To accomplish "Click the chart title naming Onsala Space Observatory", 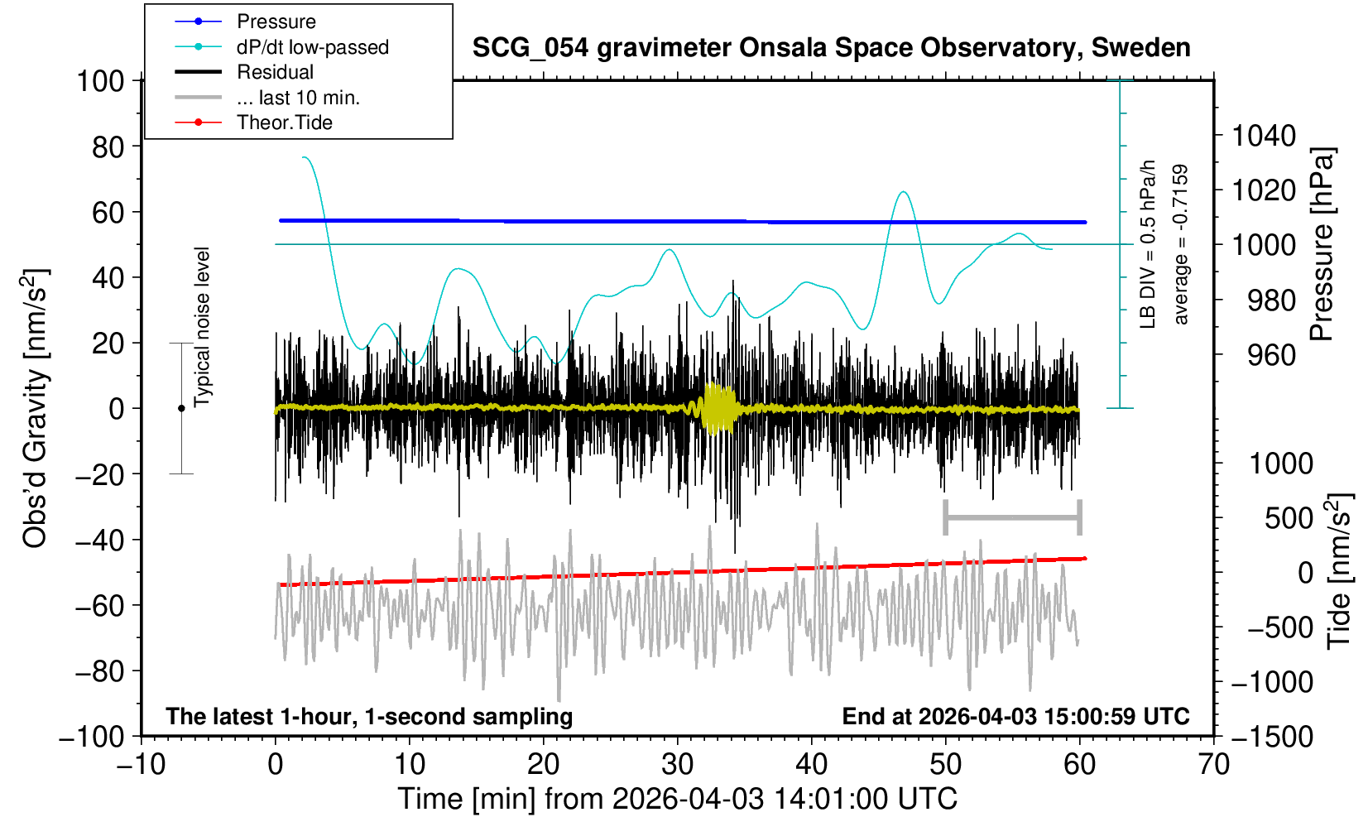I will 831,48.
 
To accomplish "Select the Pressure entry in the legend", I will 276,22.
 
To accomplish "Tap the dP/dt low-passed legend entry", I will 312,47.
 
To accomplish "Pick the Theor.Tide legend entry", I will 284,123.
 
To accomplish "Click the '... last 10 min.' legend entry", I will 298,98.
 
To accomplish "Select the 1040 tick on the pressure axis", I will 1264,135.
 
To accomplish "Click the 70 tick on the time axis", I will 1213,764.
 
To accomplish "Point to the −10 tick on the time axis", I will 141,764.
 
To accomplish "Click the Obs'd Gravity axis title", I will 36,408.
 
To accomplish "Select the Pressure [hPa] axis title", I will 1322,245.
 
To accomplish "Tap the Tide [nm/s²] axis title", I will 1339,571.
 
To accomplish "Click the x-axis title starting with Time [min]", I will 677,799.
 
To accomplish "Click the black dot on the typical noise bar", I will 181,408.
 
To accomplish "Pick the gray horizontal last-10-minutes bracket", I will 1012,518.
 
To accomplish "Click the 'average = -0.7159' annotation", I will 1181,244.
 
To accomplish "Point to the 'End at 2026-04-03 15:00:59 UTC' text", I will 1015,716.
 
